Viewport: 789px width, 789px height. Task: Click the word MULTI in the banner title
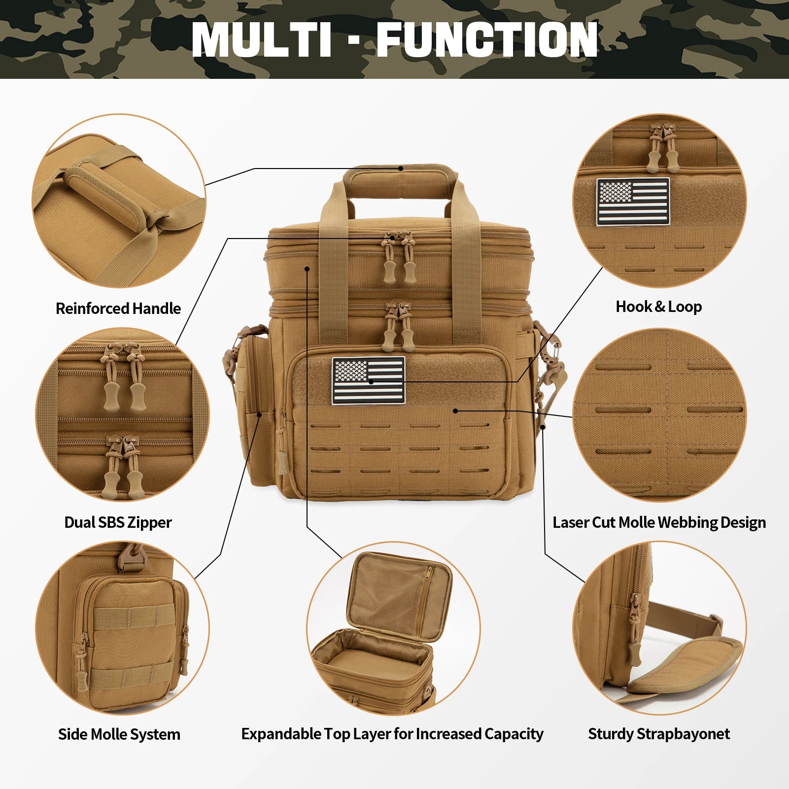(x=261, y=39)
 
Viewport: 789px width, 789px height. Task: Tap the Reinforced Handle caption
(x=118, y=309)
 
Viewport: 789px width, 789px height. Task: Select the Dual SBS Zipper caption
(x=118, y=522)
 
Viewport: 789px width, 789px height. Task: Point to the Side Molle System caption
(x=119, y=734)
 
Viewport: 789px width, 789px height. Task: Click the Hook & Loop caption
(x=659, y=307)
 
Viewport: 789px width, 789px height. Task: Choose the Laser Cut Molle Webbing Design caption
(x=659, y=522)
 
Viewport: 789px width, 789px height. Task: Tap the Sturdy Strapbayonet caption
(x=659, y=734)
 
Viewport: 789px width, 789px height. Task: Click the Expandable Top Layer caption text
(x=392, y=734)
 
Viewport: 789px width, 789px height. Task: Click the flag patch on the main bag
(x=369, y=380)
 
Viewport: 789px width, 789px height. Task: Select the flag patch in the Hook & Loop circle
(x=633, y=202)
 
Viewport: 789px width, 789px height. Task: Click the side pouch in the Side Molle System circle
(x=131, y=641)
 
